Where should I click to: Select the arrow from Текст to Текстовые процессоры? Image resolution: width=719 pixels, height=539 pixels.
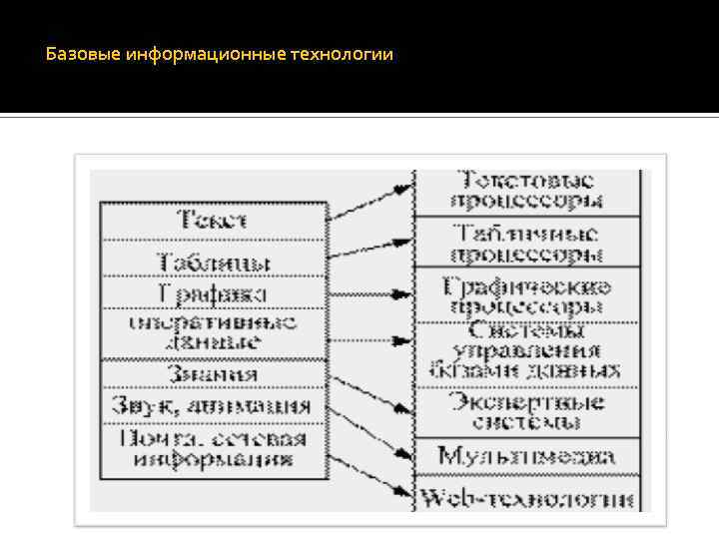tap(369, 202)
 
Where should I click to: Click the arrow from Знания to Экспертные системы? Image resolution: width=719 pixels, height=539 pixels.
tap(369, 392)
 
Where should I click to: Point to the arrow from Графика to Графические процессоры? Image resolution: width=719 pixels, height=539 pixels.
tap(369, 294)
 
